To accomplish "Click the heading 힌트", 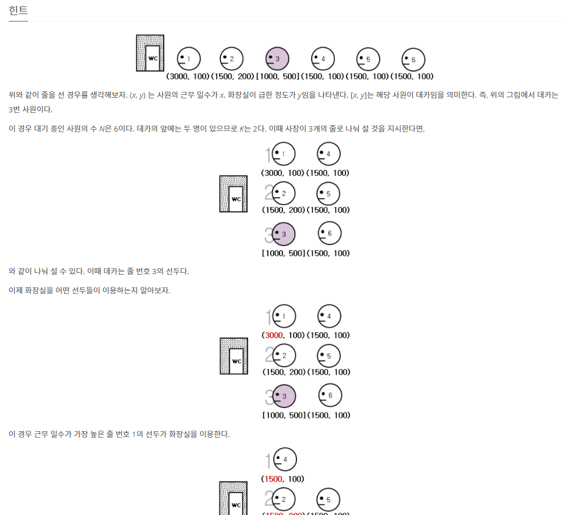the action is click(18, 10).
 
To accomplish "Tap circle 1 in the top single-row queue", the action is click(188, 58).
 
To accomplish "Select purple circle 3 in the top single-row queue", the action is click(277, 58).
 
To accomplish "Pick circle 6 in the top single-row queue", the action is click(413, 59).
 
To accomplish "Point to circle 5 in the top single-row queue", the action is click(367, 59).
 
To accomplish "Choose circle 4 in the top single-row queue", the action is click(323, 58).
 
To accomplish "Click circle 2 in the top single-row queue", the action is click(231, 58).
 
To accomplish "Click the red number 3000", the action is click(273, 335).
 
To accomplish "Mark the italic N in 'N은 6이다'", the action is click(100, 129).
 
